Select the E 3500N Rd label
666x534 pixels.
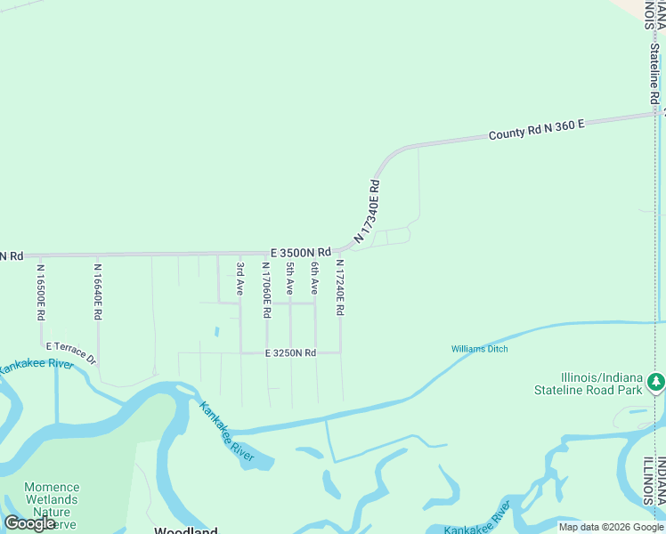301,252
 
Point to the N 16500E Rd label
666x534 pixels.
41,291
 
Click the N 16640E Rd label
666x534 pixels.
98,291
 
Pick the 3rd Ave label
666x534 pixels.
240,279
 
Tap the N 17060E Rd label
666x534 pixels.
266,290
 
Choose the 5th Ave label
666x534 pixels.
290,279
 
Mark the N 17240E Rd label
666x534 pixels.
339,287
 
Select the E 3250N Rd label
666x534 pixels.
290,353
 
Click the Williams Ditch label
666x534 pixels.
479,349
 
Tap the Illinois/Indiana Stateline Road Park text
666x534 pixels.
588,384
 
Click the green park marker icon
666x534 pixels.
656,382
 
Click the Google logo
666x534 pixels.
30,523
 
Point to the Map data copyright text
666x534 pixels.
611,527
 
